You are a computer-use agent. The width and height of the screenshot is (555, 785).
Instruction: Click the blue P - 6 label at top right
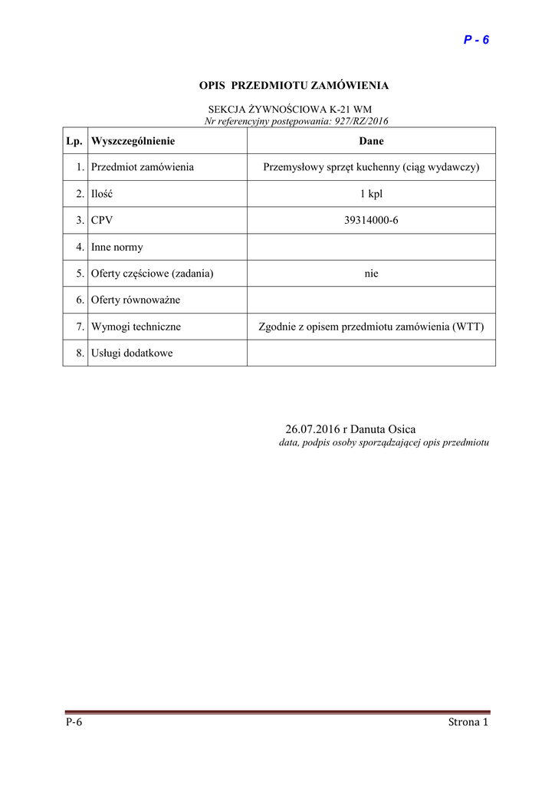(x=476, y=40)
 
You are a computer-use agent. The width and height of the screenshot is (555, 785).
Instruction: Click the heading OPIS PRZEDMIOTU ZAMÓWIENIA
(x=294, y=86)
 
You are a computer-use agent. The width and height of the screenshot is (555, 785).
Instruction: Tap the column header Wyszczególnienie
(x=133, y=141)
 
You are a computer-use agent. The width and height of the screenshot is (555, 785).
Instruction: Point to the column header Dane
(x=371, y=141)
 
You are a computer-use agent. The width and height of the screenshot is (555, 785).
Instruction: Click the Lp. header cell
(x=74, y=141)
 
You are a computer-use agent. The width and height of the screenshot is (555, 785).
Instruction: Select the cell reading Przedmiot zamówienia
(x=142, y=167)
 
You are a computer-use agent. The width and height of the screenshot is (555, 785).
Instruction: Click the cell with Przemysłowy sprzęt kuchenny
(x=371, y=167)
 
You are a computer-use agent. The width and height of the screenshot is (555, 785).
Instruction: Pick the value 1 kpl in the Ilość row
(x=371, y=194)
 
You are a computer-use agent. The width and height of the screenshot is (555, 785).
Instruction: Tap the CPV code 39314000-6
(x=371, y=221)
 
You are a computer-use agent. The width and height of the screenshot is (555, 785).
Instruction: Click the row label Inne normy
(x=117, y=247)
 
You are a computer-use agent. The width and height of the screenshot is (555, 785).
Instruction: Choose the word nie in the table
(x=371, y=274)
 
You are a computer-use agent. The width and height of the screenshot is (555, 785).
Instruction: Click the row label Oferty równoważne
(x=135, y=300)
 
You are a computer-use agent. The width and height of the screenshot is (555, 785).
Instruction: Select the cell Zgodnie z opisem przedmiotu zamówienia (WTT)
(x=371, y=327)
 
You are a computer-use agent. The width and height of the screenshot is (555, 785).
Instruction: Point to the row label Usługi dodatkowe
(x=131, y=353)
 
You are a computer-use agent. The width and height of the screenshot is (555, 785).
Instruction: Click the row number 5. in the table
(x=80, y=274)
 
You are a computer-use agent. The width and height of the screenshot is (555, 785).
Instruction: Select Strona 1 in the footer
(x=468, y=722)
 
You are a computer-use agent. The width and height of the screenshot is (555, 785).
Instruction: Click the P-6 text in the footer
(x=74, y=722)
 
